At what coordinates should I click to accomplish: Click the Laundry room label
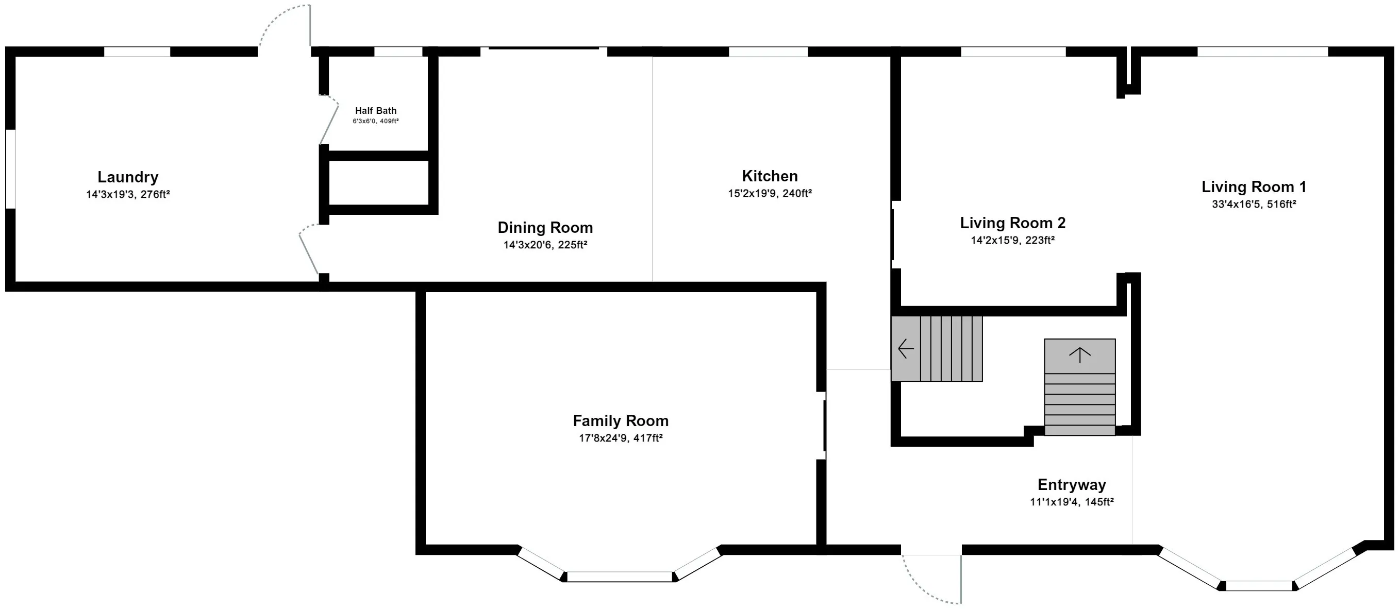(x=128, y=177)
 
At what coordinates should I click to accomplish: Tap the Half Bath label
(x=376, y=111)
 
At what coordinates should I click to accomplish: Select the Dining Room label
(x=545, y=228)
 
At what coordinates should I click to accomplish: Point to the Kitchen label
(x=770, y=176)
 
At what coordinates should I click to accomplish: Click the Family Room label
(x=621, y=421)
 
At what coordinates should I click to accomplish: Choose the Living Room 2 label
(x=1012, y=223)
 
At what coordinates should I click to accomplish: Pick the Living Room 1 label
(x=1254, y=187)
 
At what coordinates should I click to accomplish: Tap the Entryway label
(x=1072, y=485)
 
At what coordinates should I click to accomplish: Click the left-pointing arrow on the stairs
(x=906, y=348)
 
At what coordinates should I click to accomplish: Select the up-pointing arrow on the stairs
(x=1079, y=355)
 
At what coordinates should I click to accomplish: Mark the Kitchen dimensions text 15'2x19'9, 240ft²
(x=770, y=193)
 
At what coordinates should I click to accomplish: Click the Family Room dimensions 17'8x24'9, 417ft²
(x=621, y=438)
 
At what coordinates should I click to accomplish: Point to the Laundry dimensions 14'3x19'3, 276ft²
(x=128, y=194)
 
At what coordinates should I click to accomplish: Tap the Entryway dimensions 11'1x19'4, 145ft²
(x=1072, y=502)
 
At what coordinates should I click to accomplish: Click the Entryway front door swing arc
(x=921, y=590)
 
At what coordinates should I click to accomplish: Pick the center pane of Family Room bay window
(x=620, y=577)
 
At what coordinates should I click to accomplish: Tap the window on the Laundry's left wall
(x=10, y=168)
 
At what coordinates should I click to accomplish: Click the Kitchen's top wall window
(x=768, y=52)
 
